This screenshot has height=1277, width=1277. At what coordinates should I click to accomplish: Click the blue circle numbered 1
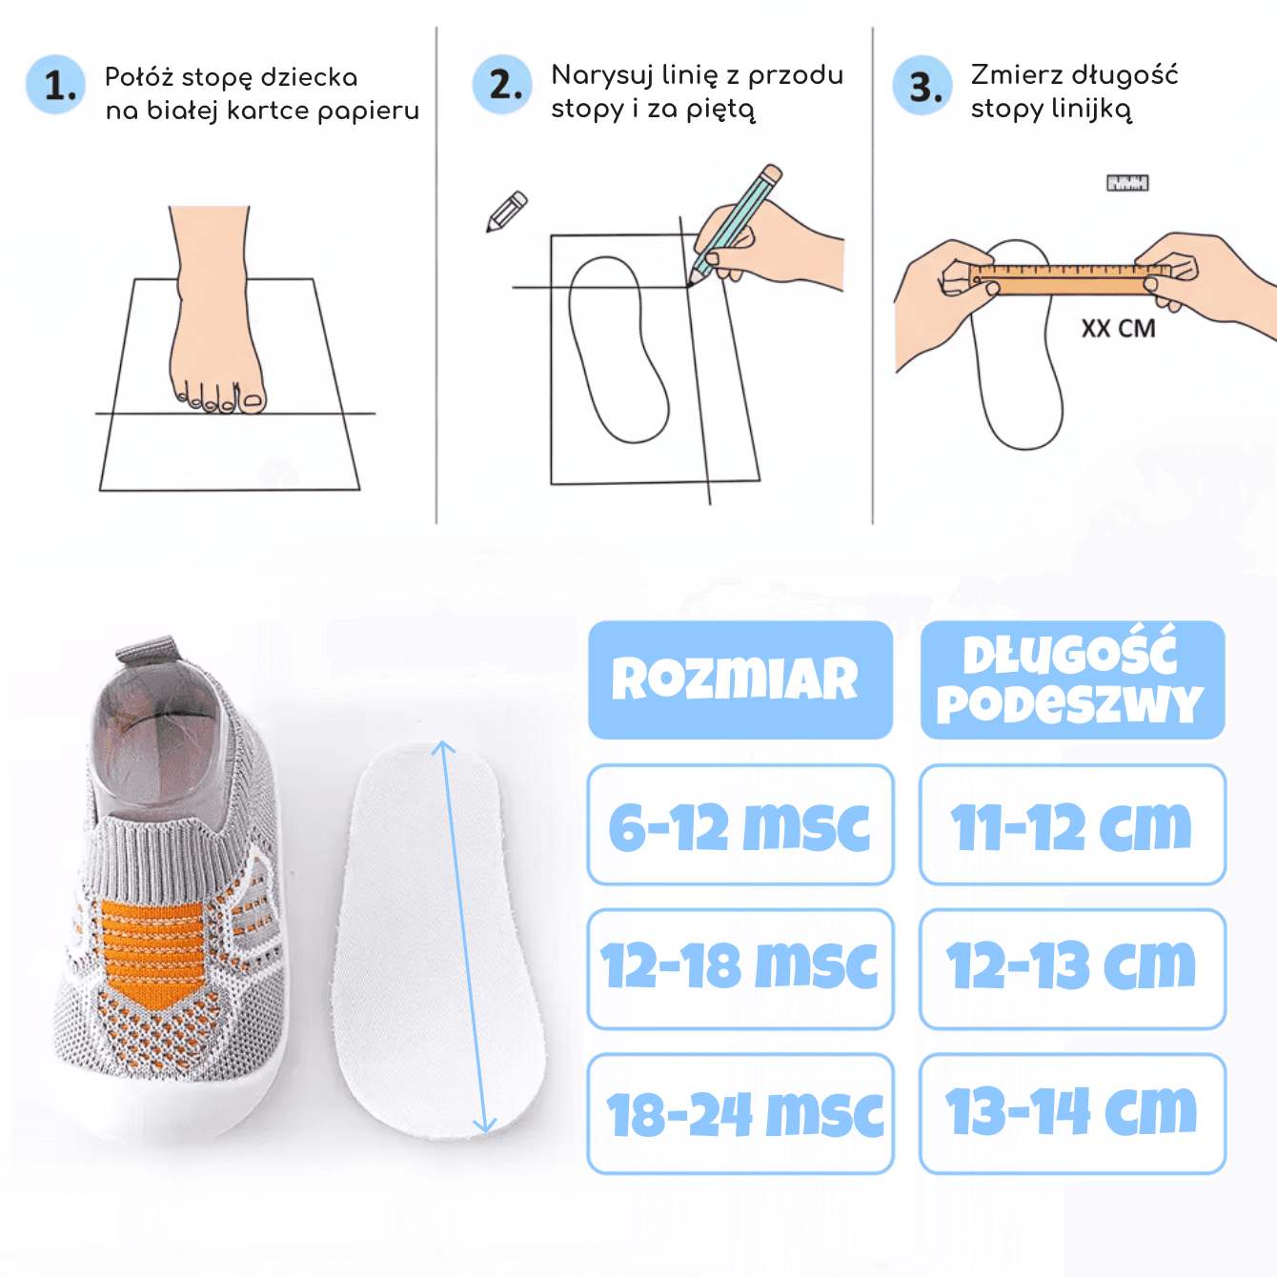point(55,85)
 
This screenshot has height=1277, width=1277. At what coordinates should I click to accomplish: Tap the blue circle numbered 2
point(502,84)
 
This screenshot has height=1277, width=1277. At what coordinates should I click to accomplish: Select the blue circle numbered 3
point(922,86)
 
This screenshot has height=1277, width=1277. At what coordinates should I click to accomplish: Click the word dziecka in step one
point(309,77)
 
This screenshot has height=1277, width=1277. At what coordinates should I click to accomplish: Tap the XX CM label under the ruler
point(1118,328)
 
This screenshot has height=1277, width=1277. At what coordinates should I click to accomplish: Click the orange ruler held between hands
point(1069,279)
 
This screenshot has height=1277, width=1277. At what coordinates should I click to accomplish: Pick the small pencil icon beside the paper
point(507,212)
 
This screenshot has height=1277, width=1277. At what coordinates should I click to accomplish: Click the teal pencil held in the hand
point(736,225)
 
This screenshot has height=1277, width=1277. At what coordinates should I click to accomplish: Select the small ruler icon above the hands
point(1127,182)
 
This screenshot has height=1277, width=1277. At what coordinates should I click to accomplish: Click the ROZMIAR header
point(740,679)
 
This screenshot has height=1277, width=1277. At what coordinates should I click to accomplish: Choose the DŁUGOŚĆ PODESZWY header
point(1072,679)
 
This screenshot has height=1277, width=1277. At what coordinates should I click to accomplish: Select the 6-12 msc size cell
point(740,824)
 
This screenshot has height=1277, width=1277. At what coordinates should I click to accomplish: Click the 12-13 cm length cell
point(1072,968)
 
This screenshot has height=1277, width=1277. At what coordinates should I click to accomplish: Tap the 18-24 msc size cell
point(740,1113)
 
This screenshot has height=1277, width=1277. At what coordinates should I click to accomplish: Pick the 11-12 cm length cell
point(1072,824)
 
